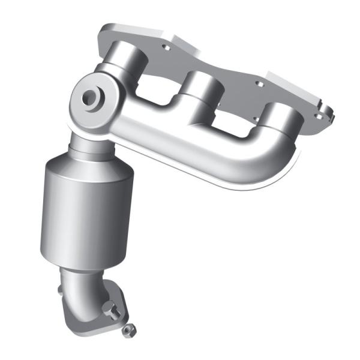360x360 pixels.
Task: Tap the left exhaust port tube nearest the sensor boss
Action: tap(127, 64)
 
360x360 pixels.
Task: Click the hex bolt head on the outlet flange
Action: tap(109, 309)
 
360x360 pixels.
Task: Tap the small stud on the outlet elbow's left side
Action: tap(61, 290)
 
